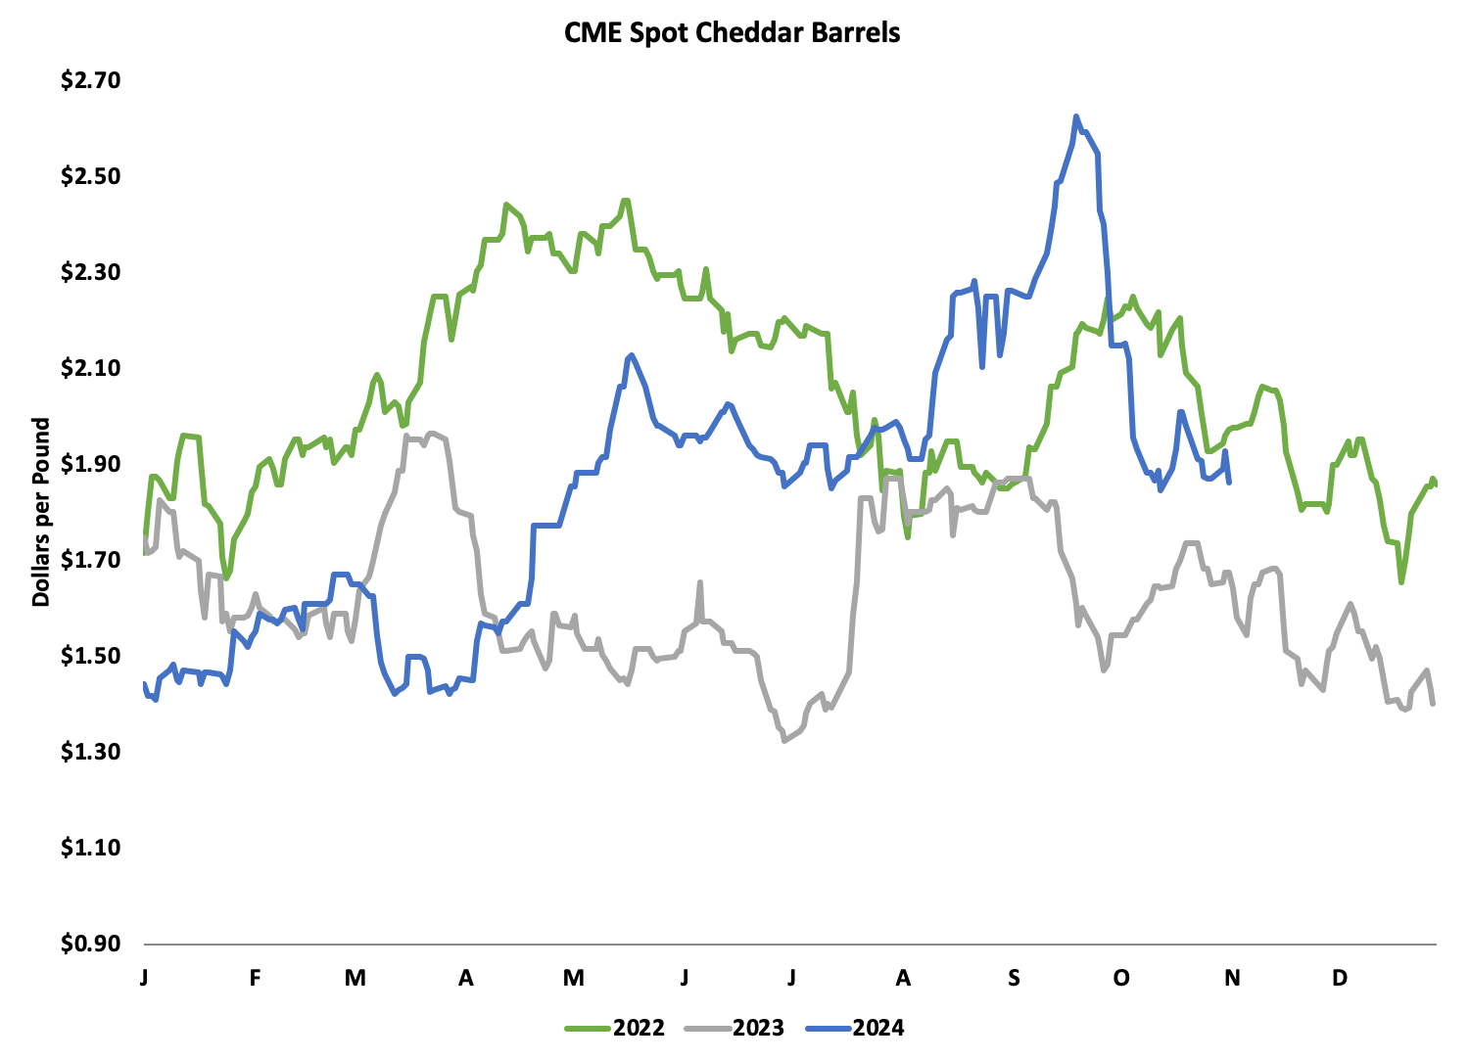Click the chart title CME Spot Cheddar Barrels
(733, 32)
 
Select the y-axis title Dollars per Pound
(41, 512)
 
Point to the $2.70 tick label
(90, 80)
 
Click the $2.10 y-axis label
(90, 368)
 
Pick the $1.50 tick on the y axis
(90, 656)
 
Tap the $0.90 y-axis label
(90, 944)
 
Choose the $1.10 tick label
(90, 848)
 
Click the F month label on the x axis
(255, 978)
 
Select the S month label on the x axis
(1014, 978)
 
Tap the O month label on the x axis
(1121, 978)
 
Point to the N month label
(1233, 978)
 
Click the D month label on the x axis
(1340, 978)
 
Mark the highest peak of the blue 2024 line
(1075, 116)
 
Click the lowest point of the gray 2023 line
(784, 741)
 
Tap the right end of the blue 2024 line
(1229, 482)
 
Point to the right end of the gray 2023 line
(1434, 703)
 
